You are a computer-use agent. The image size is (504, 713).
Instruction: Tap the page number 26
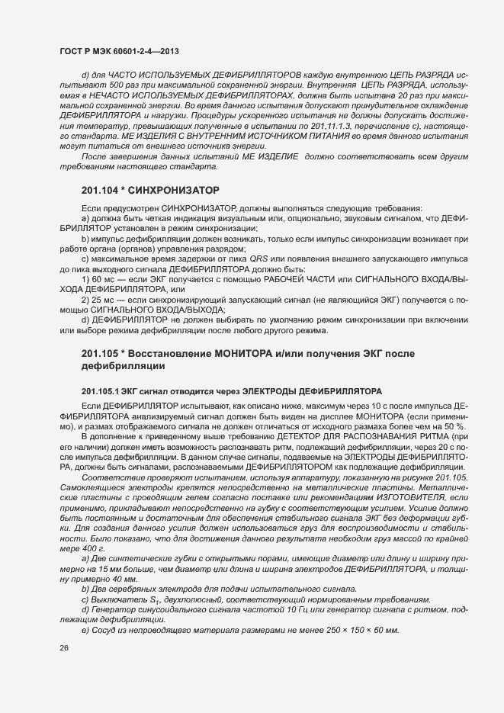(x=63, y=648)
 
